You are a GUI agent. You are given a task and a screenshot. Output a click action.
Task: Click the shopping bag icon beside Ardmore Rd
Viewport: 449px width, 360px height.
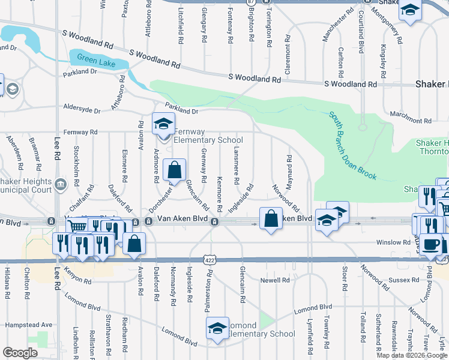point(174,171)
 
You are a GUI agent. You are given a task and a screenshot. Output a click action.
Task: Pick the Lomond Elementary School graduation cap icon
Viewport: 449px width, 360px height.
point(217,328)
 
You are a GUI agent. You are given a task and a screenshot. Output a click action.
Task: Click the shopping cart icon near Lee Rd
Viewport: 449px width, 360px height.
point(78,226)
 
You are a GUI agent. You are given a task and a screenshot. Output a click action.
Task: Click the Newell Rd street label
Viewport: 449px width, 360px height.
point(275,280)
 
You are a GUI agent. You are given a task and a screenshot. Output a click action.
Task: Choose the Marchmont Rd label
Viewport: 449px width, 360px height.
point(411,121)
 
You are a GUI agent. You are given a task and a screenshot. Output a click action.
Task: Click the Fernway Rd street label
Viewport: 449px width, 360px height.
point(80,132)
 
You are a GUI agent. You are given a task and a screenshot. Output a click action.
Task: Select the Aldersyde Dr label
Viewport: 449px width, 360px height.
point(82,110)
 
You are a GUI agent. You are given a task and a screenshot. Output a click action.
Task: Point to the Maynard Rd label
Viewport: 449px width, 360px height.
point(289,169)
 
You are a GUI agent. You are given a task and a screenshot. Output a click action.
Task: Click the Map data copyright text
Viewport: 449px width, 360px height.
point(412,355)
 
